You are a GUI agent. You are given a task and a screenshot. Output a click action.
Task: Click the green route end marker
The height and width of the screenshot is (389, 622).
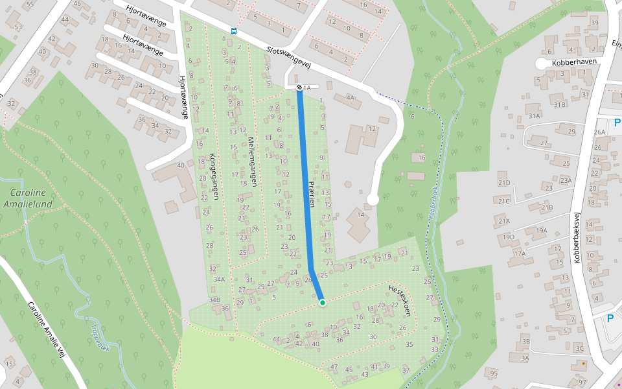(x=322, y=303)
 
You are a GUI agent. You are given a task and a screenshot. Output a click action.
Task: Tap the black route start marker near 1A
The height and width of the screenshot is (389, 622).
(x=299, y=87)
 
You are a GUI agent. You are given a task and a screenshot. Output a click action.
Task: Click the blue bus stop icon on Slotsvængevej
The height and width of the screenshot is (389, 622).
(x=233, y=30)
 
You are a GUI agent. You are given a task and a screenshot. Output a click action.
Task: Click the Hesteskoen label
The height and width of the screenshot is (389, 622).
(x=400, y=300)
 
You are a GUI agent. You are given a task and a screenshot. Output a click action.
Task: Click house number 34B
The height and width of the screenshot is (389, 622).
(x=214, y=300)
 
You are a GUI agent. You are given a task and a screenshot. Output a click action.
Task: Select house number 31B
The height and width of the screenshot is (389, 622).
(x=559, y=104)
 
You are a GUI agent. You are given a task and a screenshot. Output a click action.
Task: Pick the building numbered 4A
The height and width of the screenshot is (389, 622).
(x=351, y=98)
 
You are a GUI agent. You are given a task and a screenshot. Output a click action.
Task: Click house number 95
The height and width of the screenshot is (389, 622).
(x=494, y=373)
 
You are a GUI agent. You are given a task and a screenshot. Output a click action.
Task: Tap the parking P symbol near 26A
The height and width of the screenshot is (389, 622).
(x=617, y=123)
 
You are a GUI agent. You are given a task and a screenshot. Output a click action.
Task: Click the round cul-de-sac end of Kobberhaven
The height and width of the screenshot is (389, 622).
(x=541, y=63)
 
